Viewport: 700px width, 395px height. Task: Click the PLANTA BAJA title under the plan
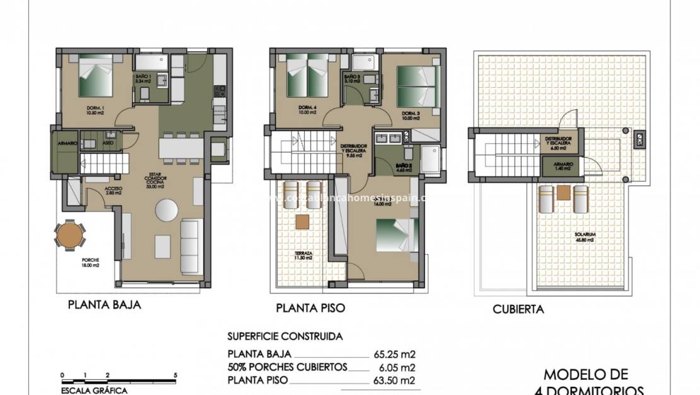(104, 305)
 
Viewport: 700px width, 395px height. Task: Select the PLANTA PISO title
(310, 309)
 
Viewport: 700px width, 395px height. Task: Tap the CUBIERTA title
(518, 309)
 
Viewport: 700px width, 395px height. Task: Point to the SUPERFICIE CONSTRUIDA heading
(285, 337)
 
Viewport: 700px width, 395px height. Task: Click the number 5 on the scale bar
(175, 375)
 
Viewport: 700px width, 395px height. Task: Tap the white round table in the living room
(167, 209)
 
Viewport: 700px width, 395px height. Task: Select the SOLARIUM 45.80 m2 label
(585, 237)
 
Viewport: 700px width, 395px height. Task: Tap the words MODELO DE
(585, 375)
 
